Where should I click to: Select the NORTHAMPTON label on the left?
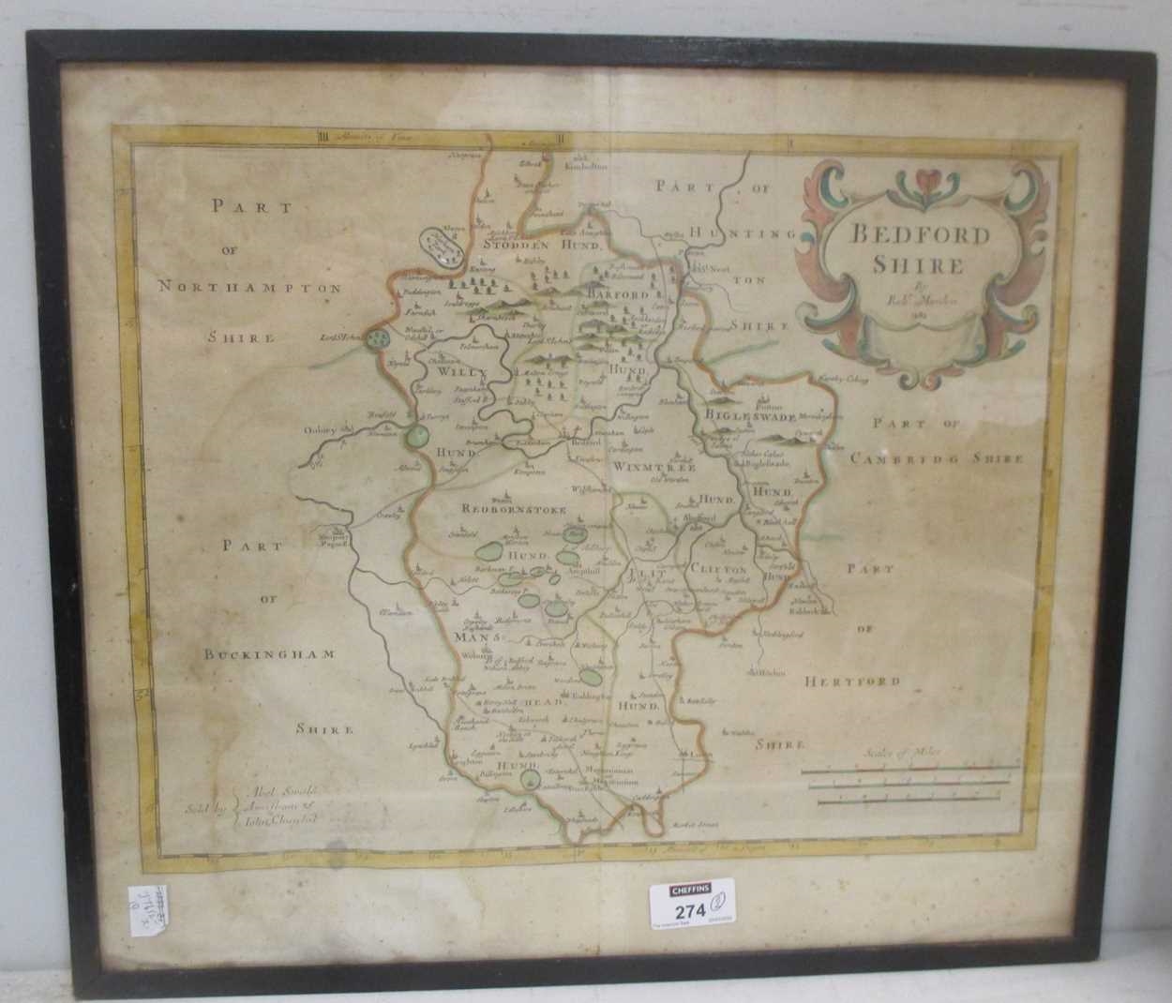coord(249,289)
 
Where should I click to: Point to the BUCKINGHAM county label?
coord(269,654)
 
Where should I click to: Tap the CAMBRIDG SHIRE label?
coord(937,458)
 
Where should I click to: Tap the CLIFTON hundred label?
coord(717,569)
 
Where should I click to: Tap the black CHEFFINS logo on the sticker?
coord(690,888)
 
